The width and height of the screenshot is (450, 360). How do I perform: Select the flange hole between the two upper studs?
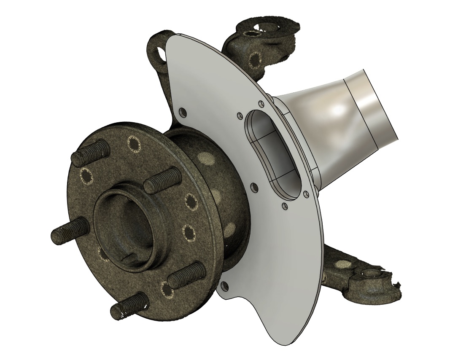135,145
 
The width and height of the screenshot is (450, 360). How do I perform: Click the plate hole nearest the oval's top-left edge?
240,115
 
